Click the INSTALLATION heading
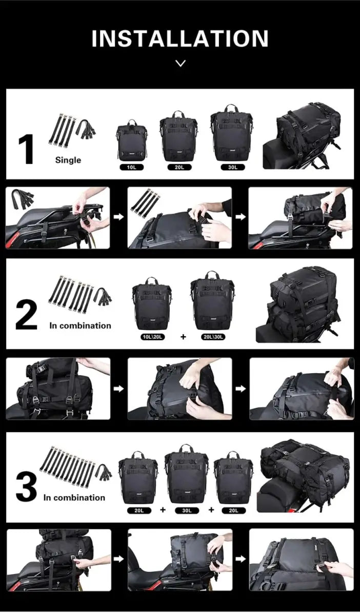pos(180,39)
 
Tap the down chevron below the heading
pos(180,64)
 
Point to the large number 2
pos(26,317)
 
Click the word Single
pos(68,160)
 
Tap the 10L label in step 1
pos(131,167)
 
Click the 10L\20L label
pos(152,337)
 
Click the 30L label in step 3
pos(186,510)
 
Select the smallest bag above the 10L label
pos(132,140)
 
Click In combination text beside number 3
pos(74,497)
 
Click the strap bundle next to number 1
pos(71,131)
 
